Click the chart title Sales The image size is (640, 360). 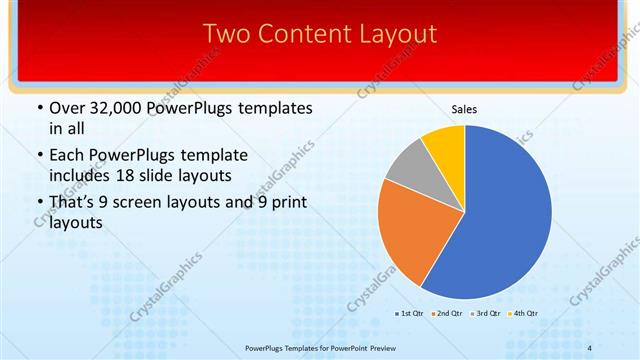pyautogui.click(x=465, y=109)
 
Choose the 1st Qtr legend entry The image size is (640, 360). pyautogui.click(x=410, y=314)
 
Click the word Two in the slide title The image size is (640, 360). pyautogui.click(x=226, y=34)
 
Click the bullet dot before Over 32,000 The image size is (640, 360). pyautogui.click(x=39, y=108)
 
